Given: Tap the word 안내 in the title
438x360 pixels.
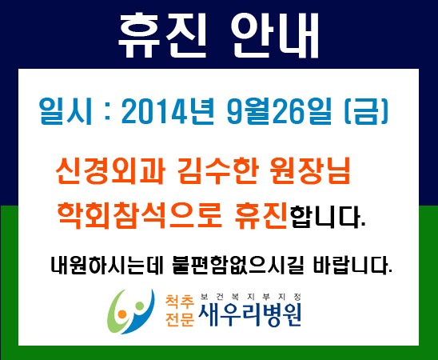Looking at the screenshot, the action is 275,35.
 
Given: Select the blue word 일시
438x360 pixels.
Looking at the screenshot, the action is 66,110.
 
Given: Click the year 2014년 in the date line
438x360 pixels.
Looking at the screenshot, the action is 168,110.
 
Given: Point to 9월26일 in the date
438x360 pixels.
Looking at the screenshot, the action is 281,110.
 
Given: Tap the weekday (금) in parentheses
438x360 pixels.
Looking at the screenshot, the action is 366,110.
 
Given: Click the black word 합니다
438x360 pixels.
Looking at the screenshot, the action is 327,216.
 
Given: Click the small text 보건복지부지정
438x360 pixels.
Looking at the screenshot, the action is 251,297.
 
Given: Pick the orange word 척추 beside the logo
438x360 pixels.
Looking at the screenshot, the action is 180,301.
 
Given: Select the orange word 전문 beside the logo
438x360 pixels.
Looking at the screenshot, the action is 180,318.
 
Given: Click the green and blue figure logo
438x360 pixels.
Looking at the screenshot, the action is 131,311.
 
